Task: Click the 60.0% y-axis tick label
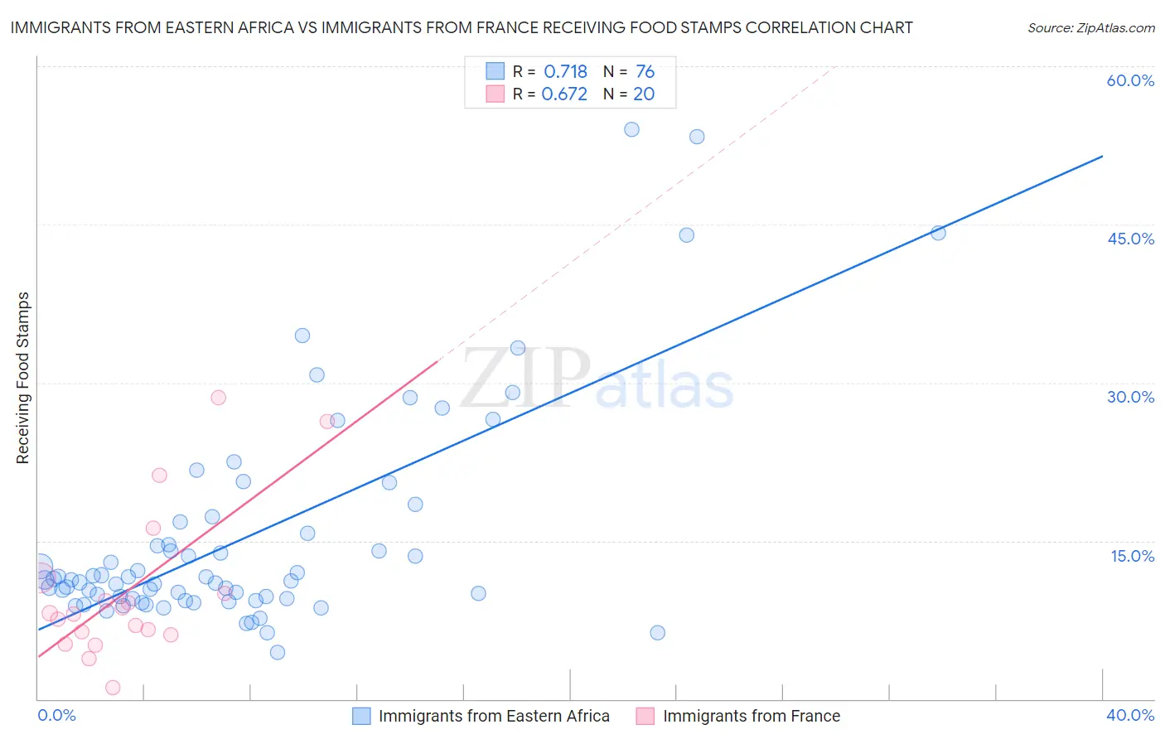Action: click(x=1130, y=80)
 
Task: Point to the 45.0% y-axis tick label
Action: click(x=1130, y=239)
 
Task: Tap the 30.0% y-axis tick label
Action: click(x=1130, y=397)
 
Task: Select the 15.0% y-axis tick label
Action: click(x=1132, y=556)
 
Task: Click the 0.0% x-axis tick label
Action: click(x=56, y=715)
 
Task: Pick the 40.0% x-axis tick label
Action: click(x=1130, y=715)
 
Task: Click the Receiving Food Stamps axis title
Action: click(x=22, y=378)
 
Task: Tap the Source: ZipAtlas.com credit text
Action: click(x=1090, y=27)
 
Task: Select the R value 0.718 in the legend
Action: click(x=565, y=72)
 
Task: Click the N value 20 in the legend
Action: click(x=644, y=94)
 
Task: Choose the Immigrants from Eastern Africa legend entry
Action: click(x=481, y=716)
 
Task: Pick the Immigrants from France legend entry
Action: click(x=738, y=716)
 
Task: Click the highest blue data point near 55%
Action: click(x=631, y=129)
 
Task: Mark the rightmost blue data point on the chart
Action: click(x=938, y=233)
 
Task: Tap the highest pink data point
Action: click(x=218, y=398)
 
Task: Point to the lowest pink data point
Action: click(x=113, y=688)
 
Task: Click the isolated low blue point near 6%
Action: click(x=657, y=633)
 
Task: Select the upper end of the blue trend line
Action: click(x=1102, y=156)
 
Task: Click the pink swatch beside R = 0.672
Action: click(x=495, y=94)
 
